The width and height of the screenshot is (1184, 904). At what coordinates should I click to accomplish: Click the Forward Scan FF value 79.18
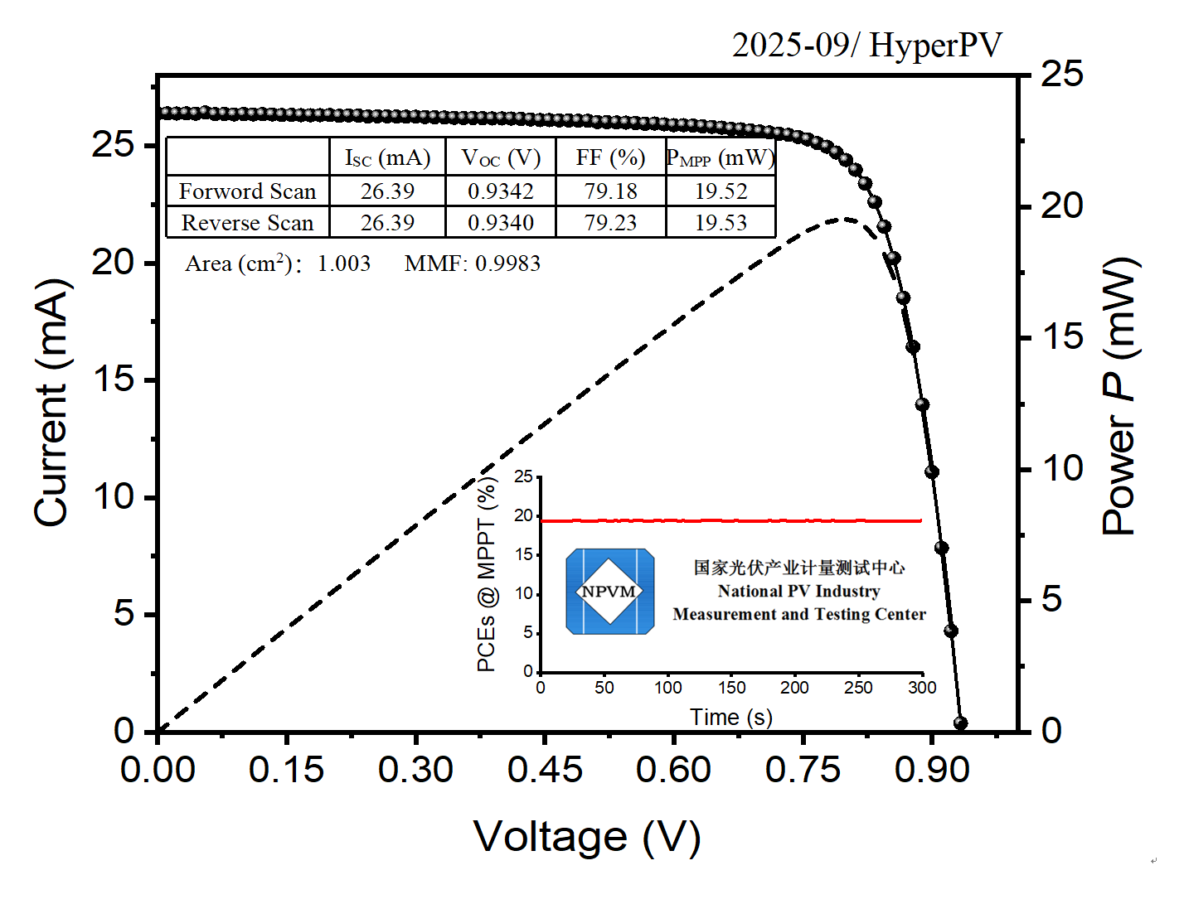610,191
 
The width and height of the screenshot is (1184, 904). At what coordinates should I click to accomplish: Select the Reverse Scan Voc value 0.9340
500,223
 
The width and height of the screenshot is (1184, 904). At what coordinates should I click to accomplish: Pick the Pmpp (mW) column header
721,157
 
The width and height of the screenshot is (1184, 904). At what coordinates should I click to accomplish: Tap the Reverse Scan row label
247,223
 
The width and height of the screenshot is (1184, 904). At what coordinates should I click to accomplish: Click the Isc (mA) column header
387,157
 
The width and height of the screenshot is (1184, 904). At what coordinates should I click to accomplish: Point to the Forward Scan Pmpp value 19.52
721,191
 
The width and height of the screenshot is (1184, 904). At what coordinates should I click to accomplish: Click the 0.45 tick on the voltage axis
545,770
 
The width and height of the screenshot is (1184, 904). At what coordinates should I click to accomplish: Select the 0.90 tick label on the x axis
932,770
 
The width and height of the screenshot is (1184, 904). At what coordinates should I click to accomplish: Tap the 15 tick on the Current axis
113,379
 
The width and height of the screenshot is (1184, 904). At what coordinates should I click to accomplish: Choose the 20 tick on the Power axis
1061,205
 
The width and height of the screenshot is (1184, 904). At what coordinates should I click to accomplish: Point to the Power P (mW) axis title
1119,396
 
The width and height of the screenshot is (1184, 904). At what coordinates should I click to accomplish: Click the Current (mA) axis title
51,403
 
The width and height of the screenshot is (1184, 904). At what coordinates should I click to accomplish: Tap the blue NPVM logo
609,592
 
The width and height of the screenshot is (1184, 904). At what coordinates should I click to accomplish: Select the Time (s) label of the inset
730,717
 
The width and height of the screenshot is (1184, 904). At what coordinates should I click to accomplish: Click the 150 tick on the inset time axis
731,688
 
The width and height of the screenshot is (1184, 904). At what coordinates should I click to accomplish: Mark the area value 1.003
343,263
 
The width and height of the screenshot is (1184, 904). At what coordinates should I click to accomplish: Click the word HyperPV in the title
935,46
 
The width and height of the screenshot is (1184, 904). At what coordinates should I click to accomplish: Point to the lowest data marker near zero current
960,723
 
